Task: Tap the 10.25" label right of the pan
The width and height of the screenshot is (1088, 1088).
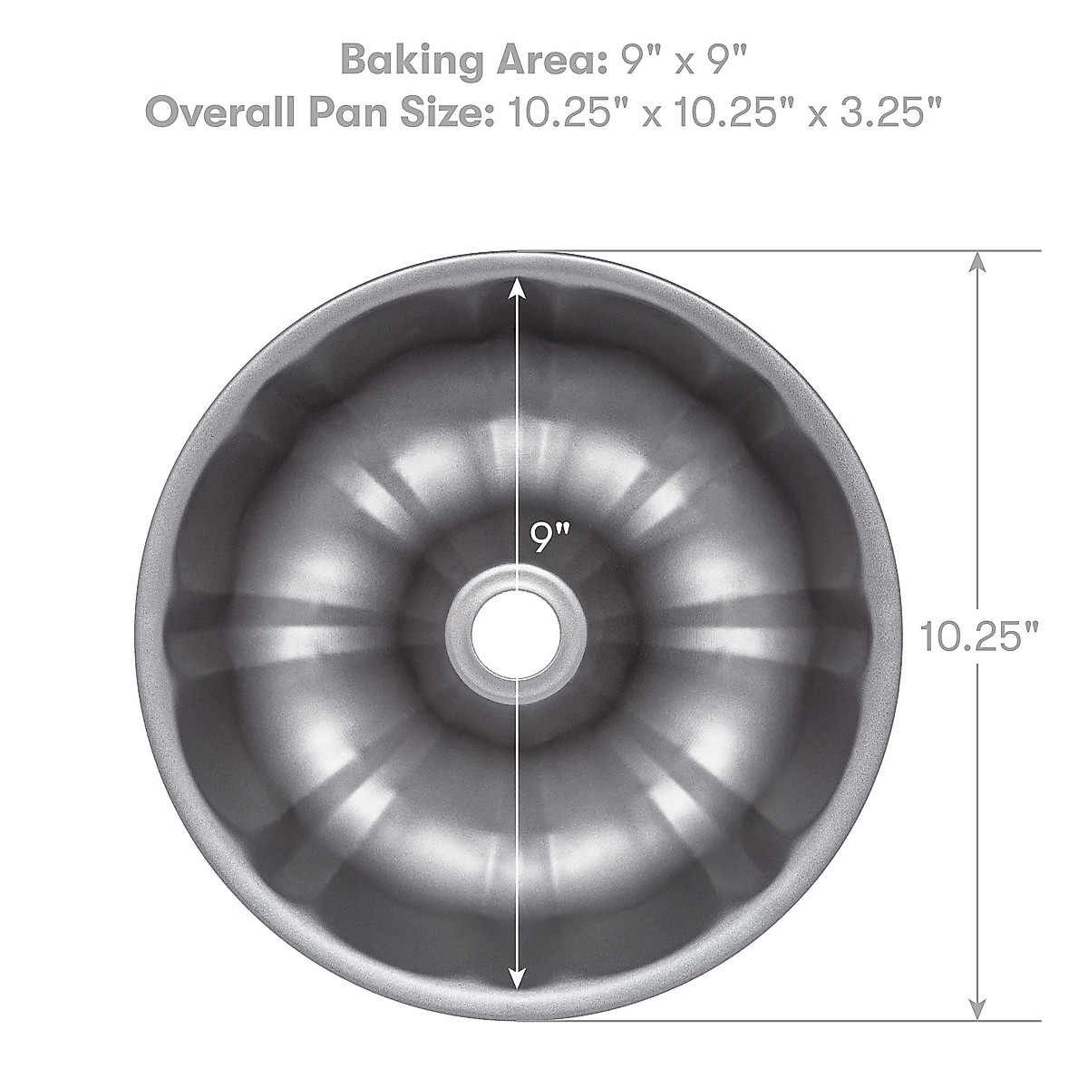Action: [x=978, y=636]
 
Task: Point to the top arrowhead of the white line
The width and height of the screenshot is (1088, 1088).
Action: [x=517, y=288]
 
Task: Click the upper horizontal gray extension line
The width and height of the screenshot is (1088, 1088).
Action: [x=816, y=249]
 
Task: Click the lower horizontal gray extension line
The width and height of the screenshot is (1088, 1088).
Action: [x=816, y=1020]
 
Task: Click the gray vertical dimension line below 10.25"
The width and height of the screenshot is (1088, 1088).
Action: [x=976, y=816]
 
